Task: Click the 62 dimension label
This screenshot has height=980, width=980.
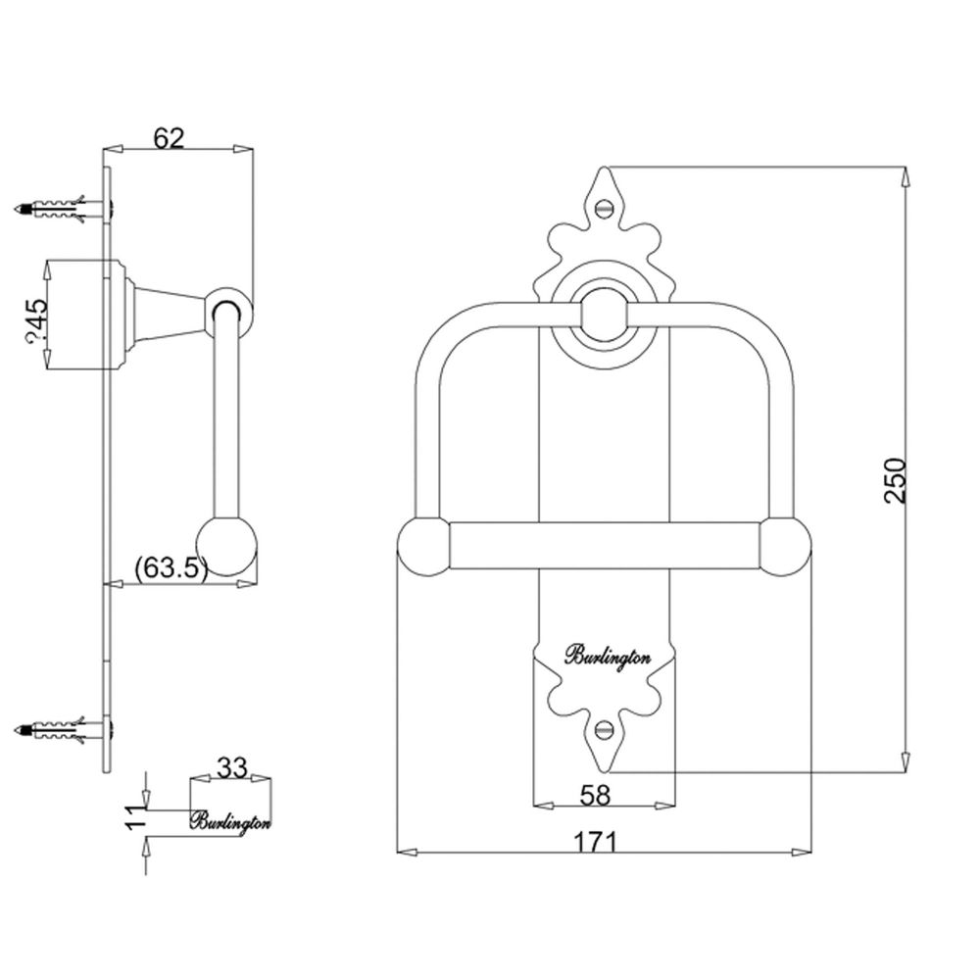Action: click(170, 138)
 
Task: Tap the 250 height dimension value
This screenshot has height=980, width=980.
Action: click(895, 480)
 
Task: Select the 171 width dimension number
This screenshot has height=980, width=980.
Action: click(595, 842)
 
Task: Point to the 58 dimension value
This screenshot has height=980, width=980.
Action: click(595, 795)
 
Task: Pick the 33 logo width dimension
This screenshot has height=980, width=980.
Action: click(231, 767)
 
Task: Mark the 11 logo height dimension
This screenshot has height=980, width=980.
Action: click(135, 817)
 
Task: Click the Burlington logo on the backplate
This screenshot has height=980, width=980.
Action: click(608, 657)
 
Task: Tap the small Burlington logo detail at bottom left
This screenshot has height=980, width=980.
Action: click(230, 821)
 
